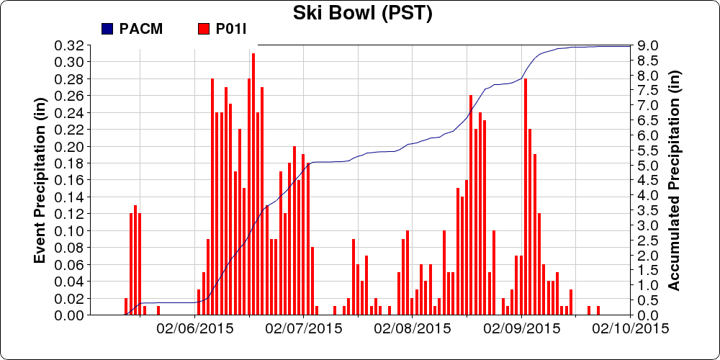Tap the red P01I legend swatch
[x=203, y=29]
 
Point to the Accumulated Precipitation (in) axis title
[x=674, y=180]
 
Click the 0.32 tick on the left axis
[x=69, y=45]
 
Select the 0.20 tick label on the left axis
[x=69, y=146]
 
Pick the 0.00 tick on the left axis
[x=69, y=315]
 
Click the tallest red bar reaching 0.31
[x=253, y=184]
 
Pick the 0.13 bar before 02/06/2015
[x=135, y=260]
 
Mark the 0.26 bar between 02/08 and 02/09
[x=471, y=204]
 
